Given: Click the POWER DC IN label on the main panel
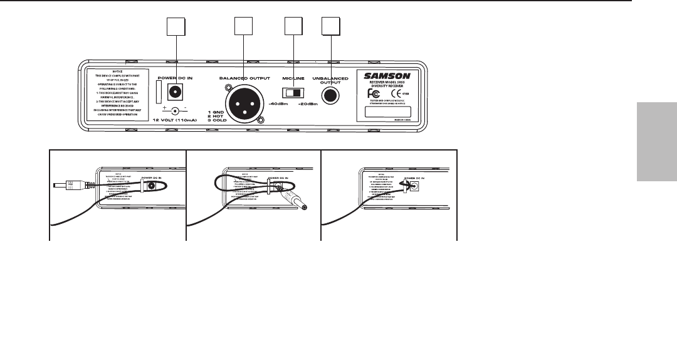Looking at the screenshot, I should click(x=174, y=78).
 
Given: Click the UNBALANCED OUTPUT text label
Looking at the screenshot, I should click(x=330, y=80).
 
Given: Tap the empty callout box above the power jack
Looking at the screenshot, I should click(x=176, y=27).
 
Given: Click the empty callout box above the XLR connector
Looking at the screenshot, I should click(x=243, y=27).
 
